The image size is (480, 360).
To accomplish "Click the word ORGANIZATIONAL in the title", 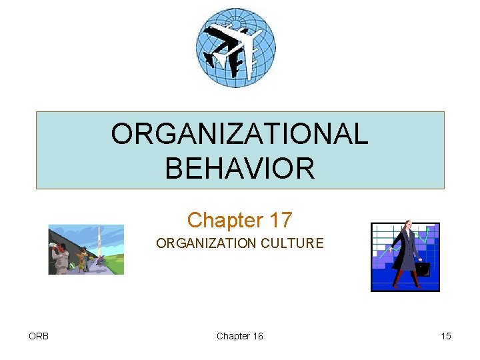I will tap(239, 134).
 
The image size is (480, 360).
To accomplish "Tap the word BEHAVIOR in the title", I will tap(239, 168).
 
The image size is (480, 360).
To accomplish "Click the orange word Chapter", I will tap(223, 219).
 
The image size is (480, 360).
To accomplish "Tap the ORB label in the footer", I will tap(39, 336).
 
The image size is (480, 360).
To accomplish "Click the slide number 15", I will tap(445, 336).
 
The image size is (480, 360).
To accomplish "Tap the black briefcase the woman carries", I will tap(422, 268).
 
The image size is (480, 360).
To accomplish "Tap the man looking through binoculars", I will tap(60, 257).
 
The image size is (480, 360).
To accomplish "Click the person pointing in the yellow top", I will tap(83, 259).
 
